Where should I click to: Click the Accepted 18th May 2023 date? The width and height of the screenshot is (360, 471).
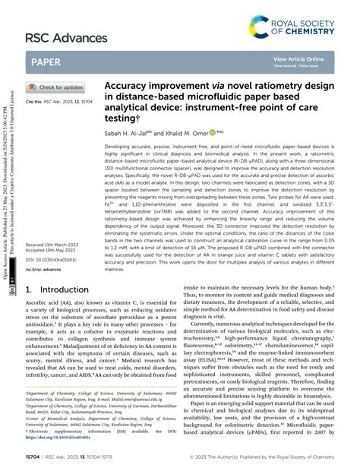50,230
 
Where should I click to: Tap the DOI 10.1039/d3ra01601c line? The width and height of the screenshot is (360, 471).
54,239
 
